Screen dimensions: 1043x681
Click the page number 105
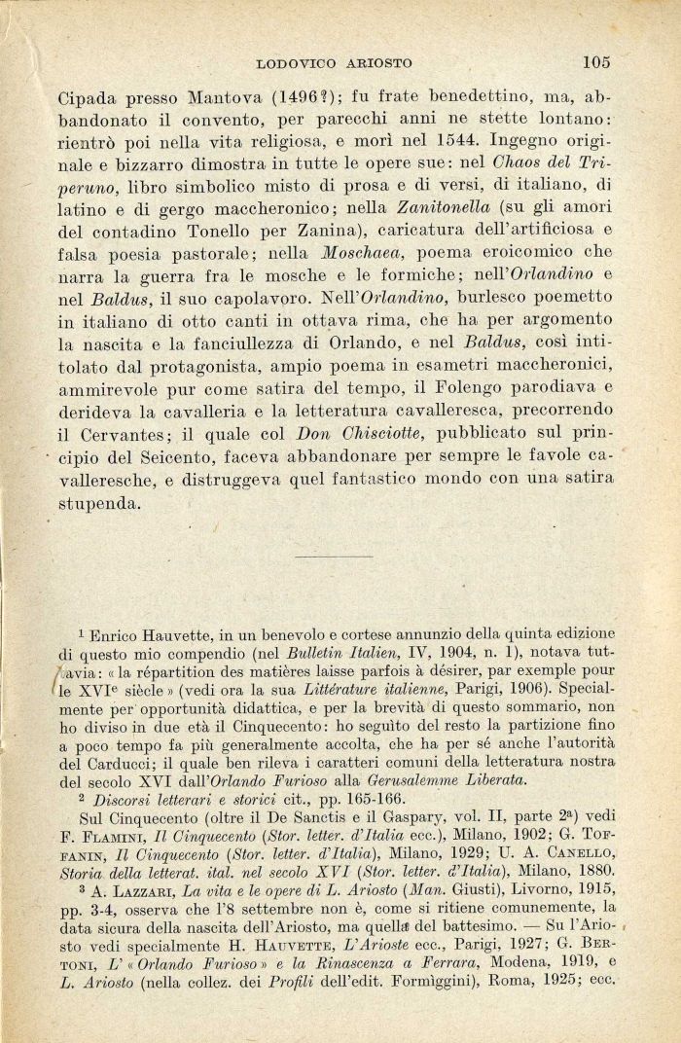[x=596, y=63]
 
